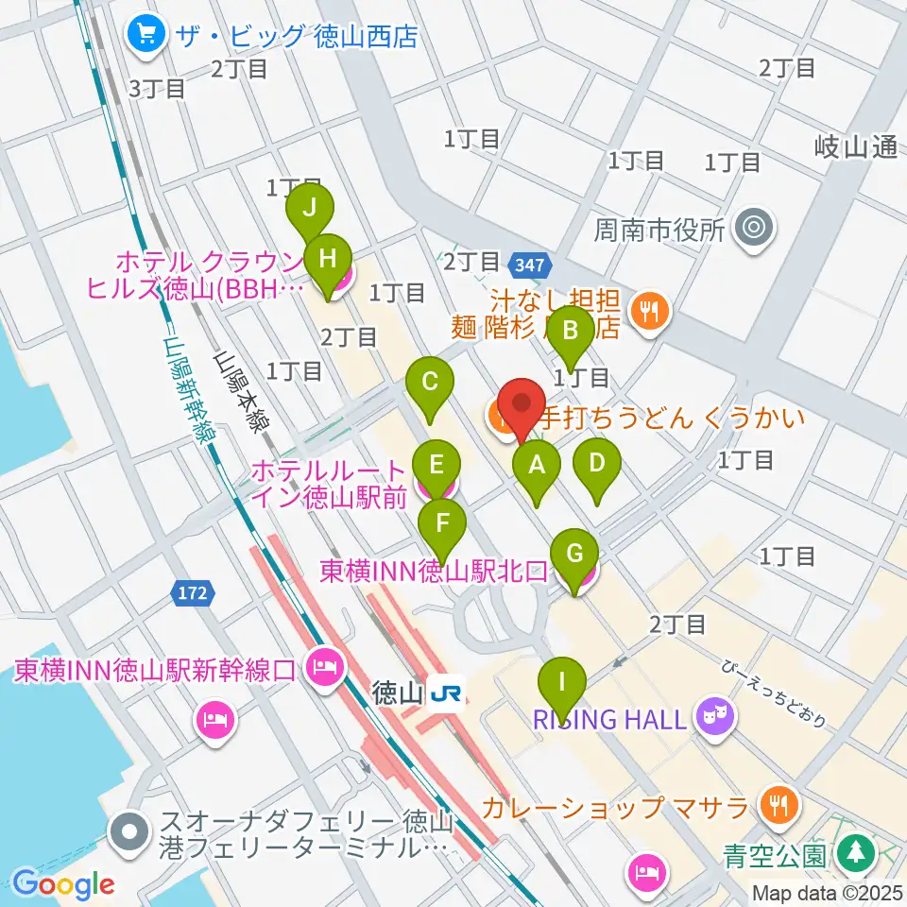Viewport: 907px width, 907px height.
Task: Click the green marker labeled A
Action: point(536,465)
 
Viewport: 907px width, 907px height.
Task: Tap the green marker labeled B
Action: point(571,331)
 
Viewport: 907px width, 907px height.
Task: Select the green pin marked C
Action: point(430,383)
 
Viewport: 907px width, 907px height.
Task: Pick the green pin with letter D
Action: point(596,464)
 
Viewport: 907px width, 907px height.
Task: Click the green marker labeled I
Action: point(562,681)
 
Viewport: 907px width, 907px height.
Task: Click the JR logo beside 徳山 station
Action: point(445,694)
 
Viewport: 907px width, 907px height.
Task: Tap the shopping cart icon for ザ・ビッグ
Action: point(146,36)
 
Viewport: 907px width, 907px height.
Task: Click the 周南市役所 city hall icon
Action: point(752,228)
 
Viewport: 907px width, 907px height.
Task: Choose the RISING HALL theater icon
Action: point(710,717)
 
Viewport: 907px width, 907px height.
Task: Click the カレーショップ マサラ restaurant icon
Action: point(780,806)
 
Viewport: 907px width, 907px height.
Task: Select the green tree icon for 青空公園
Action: point(853,855)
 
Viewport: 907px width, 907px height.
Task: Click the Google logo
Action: point(64,884)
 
